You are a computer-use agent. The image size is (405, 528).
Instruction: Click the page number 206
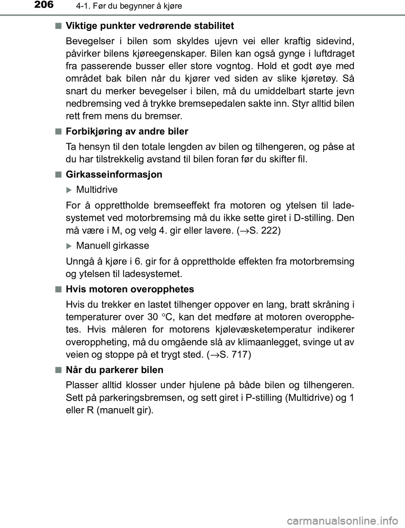pos(42,5)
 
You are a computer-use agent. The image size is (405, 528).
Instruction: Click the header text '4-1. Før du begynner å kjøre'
pos(120,6)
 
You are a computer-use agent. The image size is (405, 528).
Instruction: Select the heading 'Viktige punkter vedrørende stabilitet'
pos(150,26)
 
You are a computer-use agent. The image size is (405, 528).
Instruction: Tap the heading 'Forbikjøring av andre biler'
pos(127,131)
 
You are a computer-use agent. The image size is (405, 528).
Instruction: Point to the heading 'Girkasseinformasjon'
pos(114,174)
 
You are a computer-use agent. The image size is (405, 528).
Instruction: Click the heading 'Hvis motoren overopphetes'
pos(130,289)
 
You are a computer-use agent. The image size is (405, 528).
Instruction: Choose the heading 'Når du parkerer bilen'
pos(115,370)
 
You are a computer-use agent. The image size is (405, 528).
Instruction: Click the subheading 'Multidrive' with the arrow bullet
pos(97,190)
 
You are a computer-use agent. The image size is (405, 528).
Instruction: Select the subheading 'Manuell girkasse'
pos(112,245)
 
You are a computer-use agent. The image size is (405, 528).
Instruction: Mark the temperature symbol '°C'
pos(173,317)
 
